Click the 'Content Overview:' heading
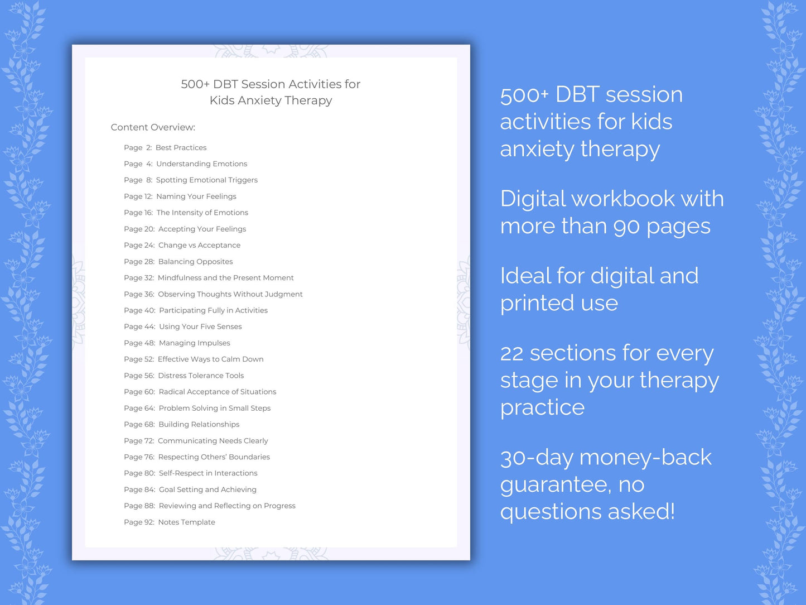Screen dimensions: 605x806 pyautogui.click(x=153, y=127)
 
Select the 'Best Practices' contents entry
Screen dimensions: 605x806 pyautogui.click(x=181, y=148)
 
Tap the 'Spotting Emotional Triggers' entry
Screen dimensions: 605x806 pyautogui.click(x=206, y=180)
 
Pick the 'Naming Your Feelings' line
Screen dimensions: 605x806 pyautogui.click(x=196, y=196)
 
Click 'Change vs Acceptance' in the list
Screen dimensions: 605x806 pyautogui.click(x=199, y=245)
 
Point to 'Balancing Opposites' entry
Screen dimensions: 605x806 pyautogui.click(x=195, y=262)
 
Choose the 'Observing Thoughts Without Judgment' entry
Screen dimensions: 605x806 pyautogui.click(x=230, y=294)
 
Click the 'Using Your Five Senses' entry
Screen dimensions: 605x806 pyautogui.click(x=200, y=326)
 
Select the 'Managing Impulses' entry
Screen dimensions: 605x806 pyautogui.click(x=194, y=343)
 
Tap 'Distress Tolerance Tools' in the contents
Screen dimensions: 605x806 pyautogui.click(x=201, y=376)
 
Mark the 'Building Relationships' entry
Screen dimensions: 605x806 pyautogui.click(x=199, y=424)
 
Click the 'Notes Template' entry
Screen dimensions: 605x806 pyautogui.click(x=186, y=522)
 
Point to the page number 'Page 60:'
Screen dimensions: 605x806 pyautogui.click(x=139, y=392)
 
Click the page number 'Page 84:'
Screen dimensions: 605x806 pyautogui.click(x=139, y=489)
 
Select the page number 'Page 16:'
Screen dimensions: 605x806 pyautogui.click(x=138, y=213)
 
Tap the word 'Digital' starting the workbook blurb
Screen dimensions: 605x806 pyautogui.click(x=532, y=199)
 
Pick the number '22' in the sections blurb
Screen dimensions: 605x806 pyautogui.click(x=511, y=353)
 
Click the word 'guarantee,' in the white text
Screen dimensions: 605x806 pyautogui.click(x=555, y=484)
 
